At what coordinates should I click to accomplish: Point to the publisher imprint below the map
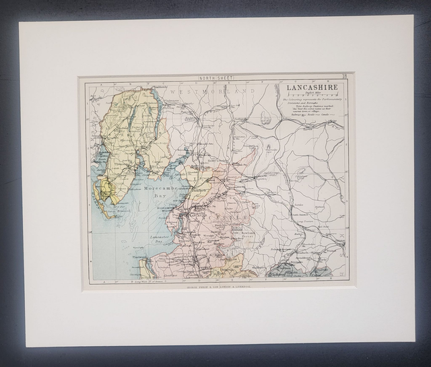(213, 286)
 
